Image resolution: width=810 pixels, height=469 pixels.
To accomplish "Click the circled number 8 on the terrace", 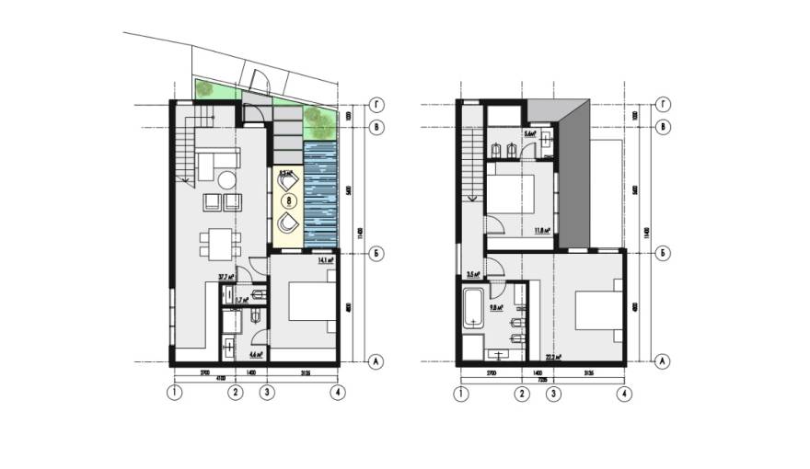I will click(290, 198).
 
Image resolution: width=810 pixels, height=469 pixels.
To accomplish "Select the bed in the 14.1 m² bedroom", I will click(310, 305).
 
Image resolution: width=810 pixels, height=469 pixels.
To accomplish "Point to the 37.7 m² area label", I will click(224, 276).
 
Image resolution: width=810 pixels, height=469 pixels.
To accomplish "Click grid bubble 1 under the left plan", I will click(173, 394).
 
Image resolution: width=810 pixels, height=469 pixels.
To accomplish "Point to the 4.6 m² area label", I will click(256, 353).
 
